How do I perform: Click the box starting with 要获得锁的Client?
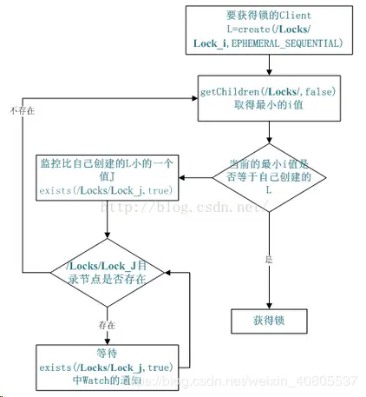point(270,29)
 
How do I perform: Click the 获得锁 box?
point(270,321)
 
